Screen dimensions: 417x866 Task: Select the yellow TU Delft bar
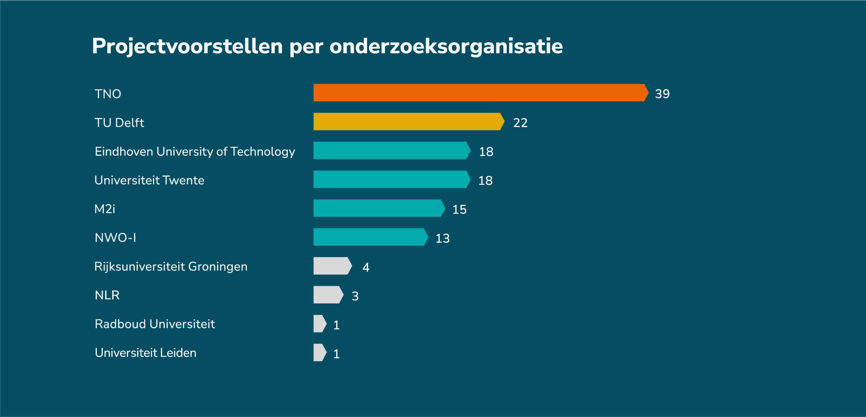click(408, 121)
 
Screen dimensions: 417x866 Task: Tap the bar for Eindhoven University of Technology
click(391, 151)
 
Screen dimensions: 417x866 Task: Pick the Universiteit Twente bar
click(391, 179)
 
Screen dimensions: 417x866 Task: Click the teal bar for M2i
click(378, 208)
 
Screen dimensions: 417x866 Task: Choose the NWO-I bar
click(370, 237)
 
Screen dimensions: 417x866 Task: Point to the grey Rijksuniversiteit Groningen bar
click(332, 266)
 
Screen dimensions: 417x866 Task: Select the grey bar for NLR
click(327, 295)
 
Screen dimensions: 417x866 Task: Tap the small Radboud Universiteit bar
click(319, 323)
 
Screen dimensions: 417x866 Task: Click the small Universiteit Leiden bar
click(319, 353)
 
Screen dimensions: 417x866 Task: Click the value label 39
click(662, 94)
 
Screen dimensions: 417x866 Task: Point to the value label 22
click(520, 123)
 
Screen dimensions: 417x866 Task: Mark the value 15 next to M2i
click(459, 209)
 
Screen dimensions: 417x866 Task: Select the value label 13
click(443, 238)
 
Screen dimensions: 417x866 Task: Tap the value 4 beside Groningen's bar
click(366, 267)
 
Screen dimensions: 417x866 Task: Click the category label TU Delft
click(119, 123)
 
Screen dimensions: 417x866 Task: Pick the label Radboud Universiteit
click(155, 324)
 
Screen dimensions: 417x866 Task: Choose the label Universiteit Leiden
click(146, 353)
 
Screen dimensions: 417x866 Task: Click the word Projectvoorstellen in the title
click(187, 47)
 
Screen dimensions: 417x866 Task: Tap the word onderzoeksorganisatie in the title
click(446, 47)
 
